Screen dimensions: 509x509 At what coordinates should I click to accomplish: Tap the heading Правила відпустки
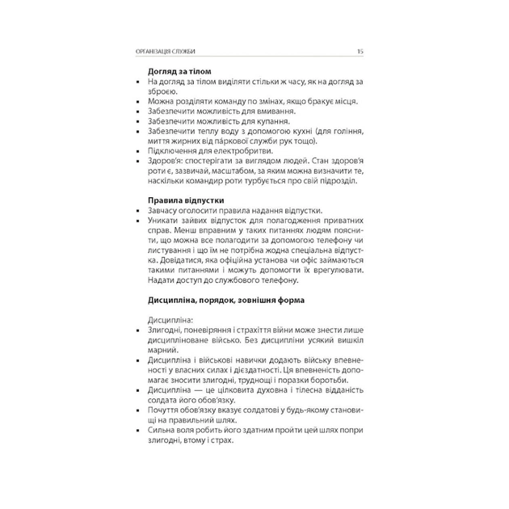click(x=185, y=200)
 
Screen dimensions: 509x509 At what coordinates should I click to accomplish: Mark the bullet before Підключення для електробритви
click(x=140, y=151)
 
